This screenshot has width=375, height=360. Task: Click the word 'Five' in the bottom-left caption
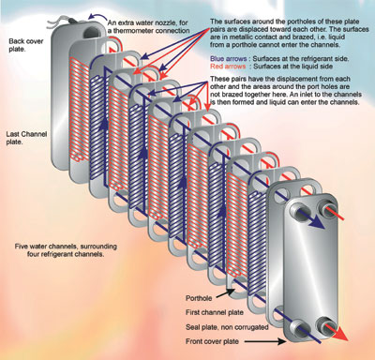[x=22, y=246]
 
